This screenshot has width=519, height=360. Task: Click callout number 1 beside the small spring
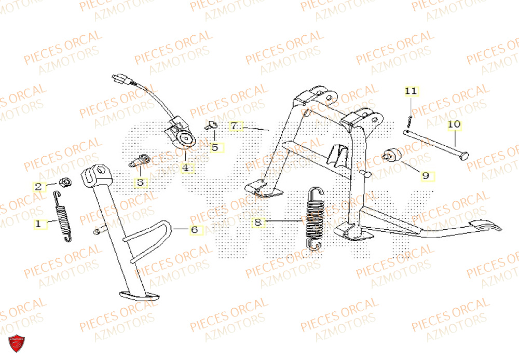pos(37,224)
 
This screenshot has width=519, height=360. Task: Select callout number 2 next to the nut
pos(38,187)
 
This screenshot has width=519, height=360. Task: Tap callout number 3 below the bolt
pos(140,182)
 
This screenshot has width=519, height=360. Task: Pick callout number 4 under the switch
pos(185,168)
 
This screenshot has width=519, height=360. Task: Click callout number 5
pos(214,147)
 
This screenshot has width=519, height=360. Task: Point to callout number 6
pos(194,229)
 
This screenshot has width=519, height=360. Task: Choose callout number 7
pos(234,126)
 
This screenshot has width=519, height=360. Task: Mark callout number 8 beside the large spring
pos(257,223)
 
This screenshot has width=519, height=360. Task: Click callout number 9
pos(426,175)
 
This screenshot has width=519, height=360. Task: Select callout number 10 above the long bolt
pos(454,124)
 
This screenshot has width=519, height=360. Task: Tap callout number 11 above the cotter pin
pos(411,92)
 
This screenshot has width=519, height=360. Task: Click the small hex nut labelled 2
pos(65,183)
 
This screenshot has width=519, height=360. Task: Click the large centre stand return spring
pos(314,218)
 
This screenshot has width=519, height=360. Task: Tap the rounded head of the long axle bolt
pos(463,154)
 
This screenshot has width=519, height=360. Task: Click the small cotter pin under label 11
pos(409,121)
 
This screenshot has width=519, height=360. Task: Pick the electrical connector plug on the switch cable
pos(120,81)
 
